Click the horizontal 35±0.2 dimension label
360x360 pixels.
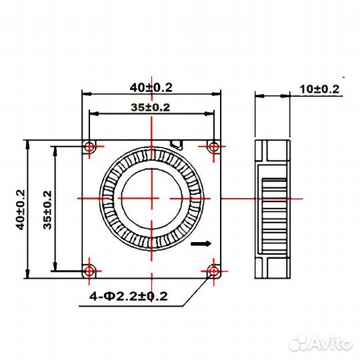click(151, 107)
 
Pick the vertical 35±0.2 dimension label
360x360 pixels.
click(47, 209)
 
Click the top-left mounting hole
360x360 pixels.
click(89, 146)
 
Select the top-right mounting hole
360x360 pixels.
click(213, 146)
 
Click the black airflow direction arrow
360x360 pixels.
click(199, 245)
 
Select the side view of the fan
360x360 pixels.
click(273, 208)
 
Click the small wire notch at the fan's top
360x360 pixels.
click(177, 143)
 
